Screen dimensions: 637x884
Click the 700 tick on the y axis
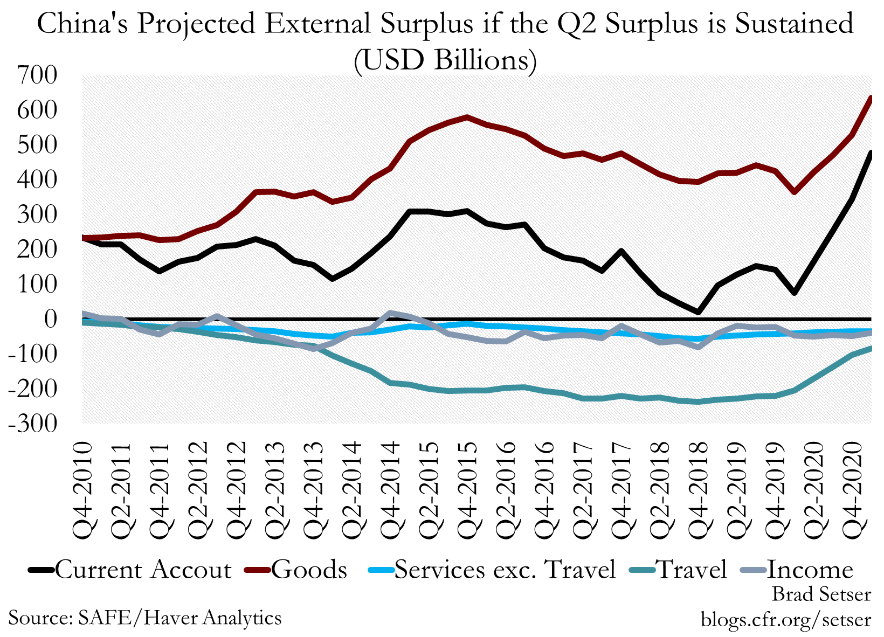pos(37,75)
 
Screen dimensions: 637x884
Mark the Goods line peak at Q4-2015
pos(467,117)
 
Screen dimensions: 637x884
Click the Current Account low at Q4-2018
pos(698,312)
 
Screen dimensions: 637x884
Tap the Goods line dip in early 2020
pos(795,192)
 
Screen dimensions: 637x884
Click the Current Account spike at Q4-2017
pos(621,251)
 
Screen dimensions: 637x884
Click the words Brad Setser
pos(821,594)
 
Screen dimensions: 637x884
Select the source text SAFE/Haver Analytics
pos(179,618)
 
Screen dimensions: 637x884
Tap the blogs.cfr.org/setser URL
pos(785,619)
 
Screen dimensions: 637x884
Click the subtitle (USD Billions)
pos(445,60)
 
